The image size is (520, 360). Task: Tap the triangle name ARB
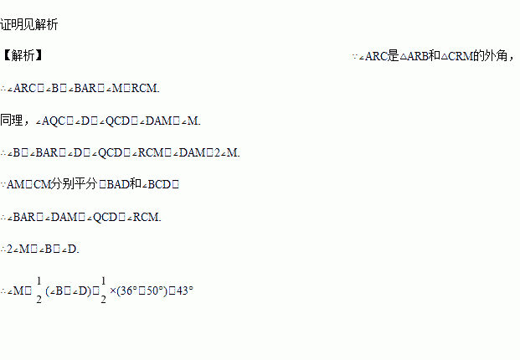[419, 56]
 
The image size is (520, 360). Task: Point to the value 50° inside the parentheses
[152, 291]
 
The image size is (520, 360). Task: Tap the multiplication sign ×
[113, 291]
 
